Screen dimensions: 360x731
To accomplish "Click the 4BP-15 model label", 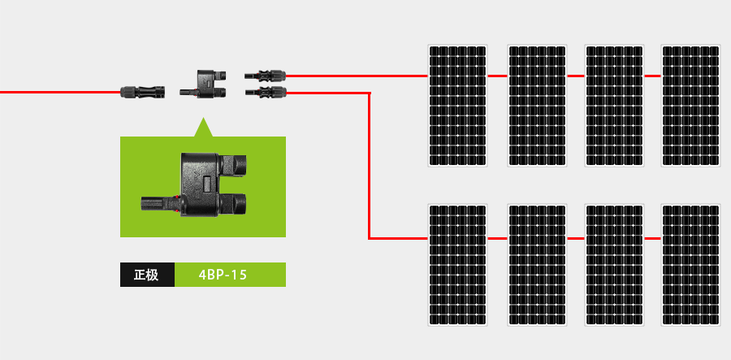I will [230, 275].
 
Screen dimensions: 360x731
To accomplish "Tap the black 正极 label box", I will [147, 275].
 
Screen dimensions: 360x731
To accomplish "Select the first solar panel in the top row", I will [458, 105].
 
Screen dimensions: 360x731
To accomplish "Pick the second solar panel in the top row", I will [537, 105].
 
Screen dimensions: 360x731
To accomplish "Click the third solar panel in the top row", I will [615, 105].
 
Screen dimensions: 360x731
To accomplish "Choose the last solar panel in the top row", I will [691, 105].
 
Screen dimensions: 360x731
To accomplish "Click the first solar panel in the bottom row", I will [458, 265].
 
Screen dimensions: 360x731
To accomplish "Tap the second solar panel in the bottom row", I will [537, 265].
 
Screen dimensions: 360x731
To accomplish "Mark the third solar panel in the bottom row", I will [615, 265].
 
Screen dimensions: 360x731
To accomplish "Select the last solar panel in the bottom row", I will [691, 265].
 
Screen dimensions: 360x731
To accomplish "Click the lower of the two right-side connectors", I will [266, 93].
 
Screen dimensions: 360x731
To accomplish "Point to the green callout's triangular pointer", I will [202, 128].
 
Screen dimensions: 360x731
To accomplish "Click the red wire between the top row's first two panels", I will [498, 76].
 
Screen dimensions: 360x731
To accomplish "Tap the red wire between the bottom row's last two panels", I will [653, 239].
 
